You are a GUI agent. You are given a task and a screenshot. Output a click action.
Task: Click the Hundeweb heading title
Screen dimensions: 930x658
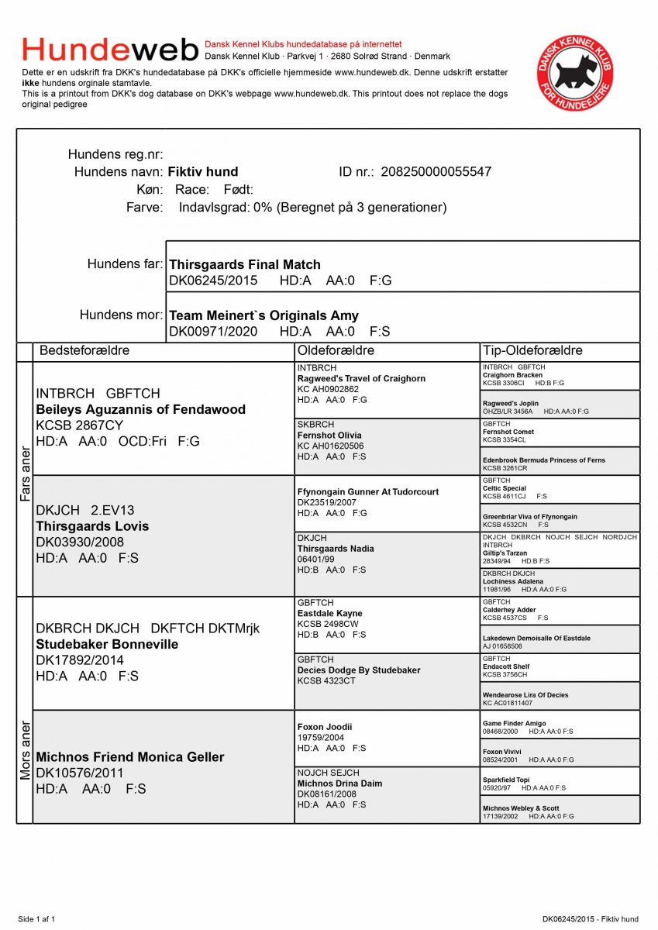(x=111, y=50)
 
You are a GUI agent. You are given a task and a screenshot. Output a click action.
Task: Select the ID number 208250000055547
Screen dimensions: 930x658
(x=436, y=172)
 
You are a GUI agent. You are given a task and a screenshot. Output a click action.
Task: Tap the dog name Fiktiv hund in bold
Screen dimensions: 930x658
(x=203, y=172)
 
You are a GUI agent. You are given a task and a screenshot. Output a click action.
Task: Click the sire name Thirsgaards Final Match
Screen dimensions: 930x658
(x=245, y=265)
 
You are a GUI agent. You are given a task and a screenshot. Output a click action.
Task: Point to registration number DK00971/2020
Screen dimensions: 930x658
(x=213, y=332)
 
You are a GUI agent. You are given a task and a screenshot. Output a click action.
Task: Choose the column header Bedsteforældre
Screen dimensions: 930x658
(x=84, y=350)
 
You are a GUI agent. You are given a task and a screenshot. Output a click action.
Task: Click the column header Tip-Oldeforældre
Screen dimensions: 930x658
(x=532, y=350)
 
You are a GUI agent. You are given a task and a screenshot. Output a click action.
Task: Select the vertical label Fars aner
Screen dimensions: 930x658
(x=25, y=473)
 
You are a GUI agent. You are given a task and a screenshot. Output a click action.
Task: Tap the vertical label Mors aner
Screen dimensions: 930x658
(x=25, y=750)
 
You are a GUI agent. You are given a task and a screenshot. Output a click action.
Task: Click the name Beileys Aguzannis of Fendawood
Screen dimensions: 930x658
(x=141, y=409)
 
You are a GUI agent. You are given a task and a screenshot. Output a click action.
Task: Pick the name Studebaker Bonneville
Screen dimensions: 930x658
(x=107, y=644)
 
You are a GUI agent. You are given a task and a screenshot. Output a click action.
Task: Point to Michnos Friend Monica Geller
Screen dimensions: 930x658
(x=130, y=757)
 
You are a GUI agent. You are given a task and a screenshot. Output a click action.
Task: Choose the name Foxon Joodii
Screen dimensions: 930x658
(x=325, y=727)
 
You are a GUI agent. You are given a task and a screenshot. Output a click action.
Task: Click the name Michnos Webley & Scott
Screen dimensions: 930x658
(x=521, y=808)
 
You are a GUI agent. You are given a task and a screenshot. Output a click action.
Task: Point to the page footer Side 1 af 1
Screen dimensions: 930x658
(x=36, y=919)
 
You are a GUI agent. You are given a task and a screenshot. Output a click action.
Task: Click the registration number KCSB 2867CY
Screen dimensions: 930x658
(x=80, y=425)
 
